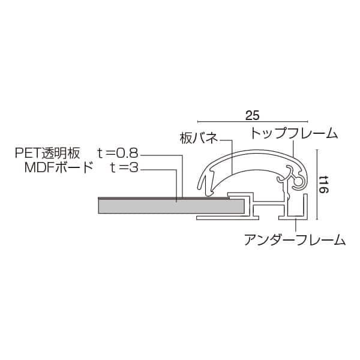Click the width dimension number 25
253,115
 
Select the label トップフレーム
294,133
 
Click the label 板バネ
199,138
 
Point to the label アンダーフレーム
295,239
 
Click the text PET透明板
47,153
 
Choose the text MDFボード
59,167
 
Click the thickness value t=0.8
118,153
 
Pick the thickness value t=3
124,167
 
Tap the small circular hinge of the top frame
299,182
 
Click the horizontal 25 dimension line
253,121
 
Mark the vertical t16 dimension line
317,184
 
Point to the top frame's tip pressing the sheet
209,194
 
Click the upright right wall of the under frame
306,206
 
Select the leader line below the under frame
296,226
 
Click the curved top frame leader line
293,147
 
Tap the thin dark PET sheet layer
163,198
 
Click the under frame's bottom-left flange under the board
228,218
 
